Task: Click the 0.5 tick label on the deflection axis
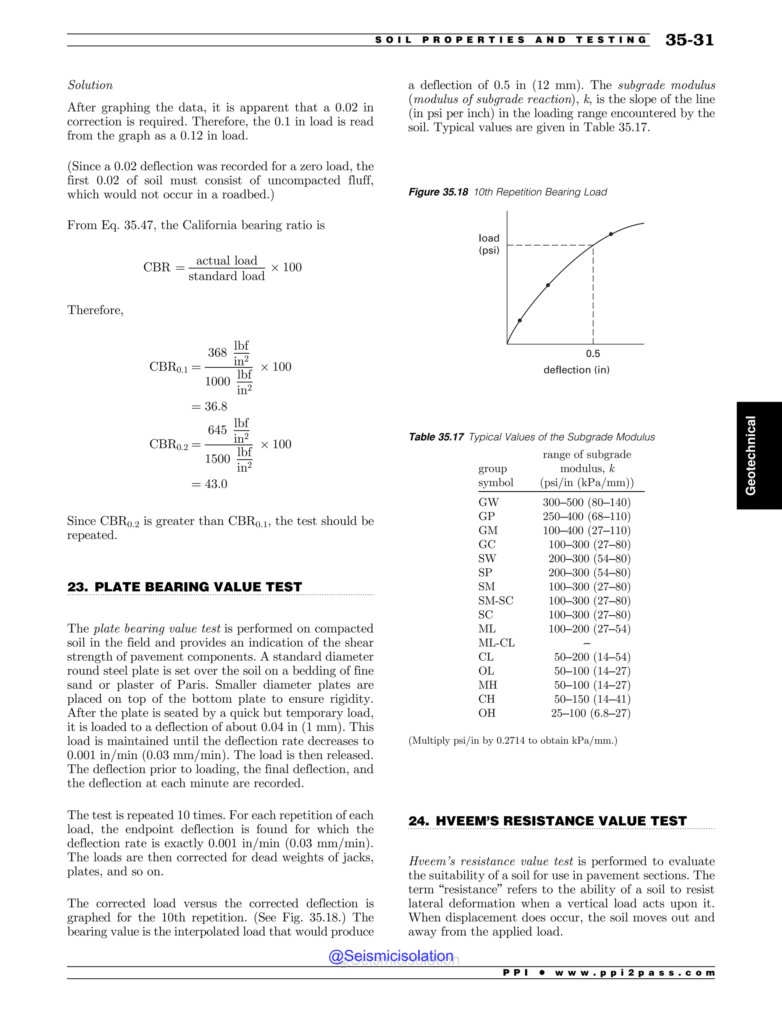point(593,354)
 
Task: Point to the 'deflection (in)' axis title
point(576,370)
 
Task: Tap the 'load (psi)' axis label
point(489,244)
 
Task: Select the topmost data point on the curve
point(611,234)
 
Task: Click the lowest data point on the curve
point(520,320)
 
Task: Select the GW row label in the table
point(488,502)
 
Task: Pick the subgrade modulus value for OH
point(591,713)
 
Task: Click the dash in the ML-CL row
point(587,643)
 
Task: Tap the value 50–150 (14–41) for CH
point(592,699)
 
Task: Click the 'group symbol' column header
point(495,475)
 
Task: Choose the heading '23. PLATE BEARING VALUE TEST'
point(184,587)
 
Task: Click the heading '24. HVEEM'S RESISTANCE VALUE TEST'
point(547,821)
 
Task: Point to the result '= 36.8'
point(209,406)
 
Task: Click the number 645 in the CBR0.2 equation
point(217,430)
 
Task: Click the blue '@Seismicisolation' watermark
point(391,955)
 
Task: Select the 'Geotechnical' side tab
point(750,456)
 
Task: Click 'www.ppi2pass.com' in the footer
point(635,973)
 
